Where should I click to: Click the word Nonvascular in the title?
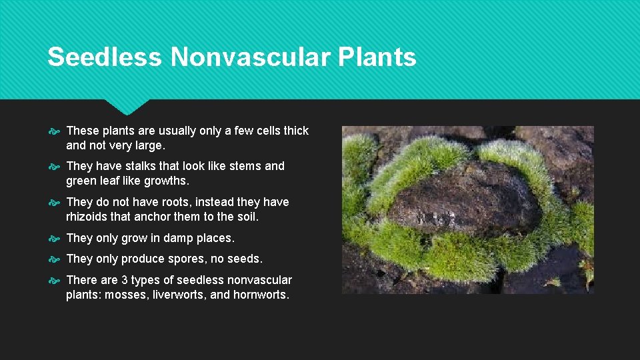point(251,57)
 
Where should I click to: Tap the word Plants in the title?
point(377,57)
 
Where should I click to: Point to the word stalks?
point(142,166)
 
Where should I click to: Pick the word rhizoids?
point(88,216)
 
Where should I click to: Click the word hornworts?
point(261,295)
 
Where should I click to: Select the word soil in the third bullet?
point(245,216)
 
